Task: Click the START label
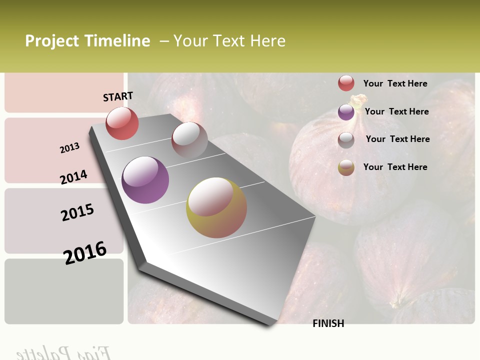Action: (118, 96)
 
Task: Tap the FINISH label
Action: (328, 323)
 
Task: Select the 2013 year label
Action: (69, 148)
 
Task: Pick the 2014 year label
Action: (74, 177)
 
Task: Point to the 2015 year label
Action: (77, 212)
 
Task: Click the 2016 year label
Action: (85, 252)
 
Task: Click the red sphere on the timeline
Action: (122, 123)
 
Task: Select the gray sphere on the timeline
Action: (189, 140)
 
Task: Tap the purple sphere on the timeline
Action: (145, 180)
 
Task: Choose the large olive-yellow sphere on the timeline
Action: (216, 207)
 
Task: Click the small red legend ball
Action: (346, 83)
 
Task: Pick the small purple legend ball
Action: (346, 112)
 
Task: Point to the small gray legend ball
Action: (346, 140)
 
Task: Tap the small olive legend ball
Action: (346, 167)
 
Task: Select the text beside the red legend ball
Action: (395, 83)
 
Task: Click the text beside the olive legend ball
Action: (395, 167)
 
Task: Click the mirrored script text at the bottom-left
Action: (62, 353)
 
